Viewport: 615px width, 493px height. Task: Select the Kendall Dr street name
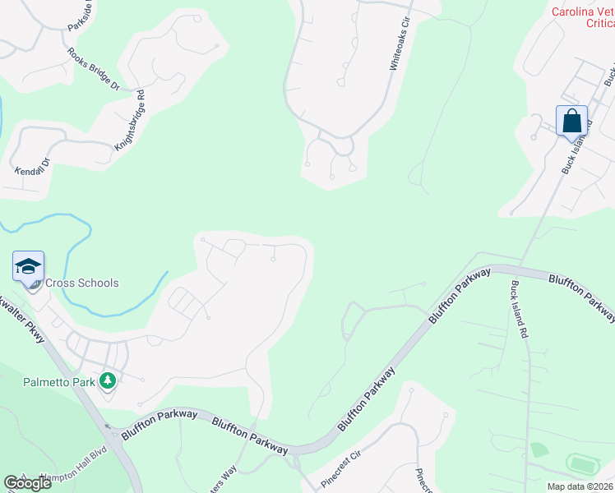coord(33,167)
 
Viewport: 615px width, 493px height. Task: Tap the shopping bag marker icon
coord(572,122)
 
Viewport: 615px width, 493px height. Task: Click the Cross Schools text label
coord(81,283)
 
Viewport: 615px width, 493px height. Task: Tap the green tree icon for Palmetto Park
coord(107,380)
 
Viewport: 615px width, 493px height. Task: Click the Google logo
coord(28,483)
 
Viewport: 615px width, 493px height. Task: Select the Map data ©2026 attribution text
coord(580,486)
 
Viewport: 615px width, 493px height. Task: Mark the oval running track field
coord(581,465)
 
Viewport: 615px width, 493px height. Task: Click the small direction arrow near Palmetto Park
coord(108,426)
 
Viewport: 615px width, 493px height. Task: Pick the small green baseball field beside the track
coord(539,449)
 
